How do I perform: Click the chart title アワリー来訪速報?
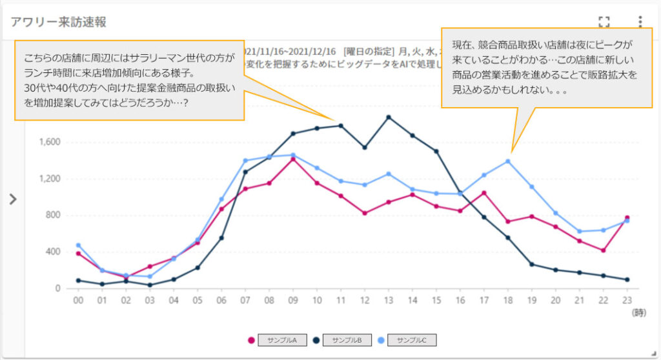59,22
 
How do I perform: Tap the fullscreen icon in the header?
604,22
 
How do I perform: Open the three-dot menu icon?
640,22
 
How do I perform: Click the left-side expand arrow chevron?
12,199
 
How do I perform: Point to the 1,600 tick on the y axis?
50,142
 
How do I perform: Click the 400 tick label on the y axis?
53,252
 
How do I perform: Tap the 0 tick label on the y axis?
58,288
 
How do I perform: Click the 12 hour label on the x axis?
364,301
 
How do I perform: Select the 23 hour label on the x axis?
626,301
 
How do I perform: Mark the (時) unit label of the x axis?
638,312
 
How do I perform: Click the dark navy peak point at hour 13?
389,117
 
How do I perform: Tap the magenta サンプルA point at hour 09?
293,159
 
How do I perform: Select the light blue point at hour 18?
508,161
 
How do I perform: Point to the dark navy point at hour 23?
627,279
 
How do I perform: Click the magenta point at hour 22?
603,250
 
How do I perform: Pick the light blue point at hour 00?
78,245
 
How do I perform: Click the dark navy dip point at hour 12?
365,147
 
